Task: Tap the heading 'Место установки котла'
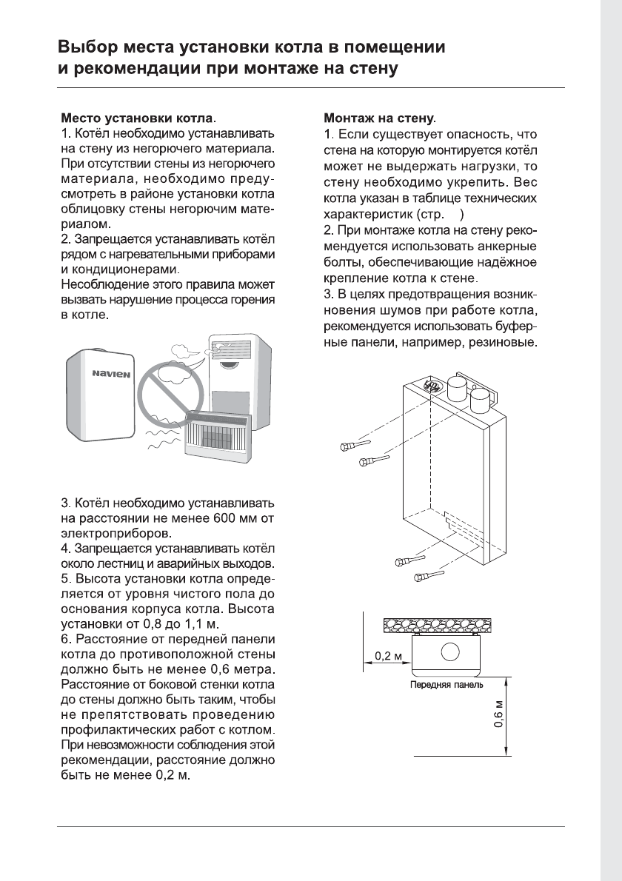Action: [136, 118]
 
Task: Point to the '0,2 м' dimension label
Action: [389, 656]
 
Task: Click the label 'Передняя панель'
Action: [447, 685]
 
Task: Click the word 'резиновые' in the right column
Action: [500, 346]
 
